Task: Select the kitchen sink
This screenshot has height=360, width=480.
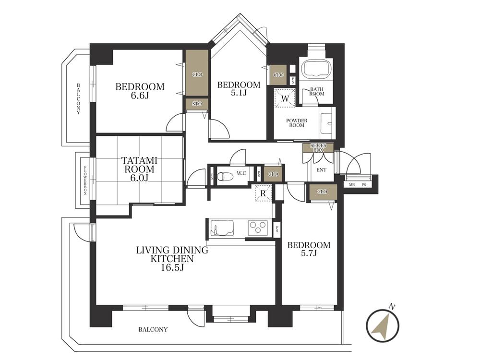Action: pos(222,228)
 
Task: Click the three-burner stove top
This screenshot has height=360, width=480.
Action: pos(257,228)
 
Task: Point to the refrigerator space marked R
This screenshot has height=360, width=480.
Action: pos(263,193)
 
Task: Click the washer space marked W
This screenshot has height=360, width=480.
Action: pos(285,98)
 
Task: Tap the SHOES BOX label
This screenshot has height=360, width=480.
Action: pos(318,147)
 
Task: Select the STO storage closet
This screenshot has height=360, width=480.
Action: pos(197,104)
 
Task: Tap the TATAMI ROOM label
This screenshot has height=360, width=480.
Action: pos(139,165)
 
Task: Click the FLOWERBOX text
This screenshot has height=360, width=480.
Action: pos(85,180)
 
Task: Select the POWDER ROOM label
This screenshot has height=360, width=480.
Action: pos(297,123)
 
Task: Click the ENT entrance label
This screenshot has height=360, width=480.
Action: pos(321,170)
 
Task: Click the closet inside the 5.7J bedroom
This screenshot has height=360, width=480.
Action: pos(322,192)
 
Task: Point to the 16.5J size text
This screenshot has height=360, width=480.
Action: pos(172,267)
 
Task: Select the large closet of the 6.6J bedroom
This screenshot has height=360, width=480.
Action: pos(197,74)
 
